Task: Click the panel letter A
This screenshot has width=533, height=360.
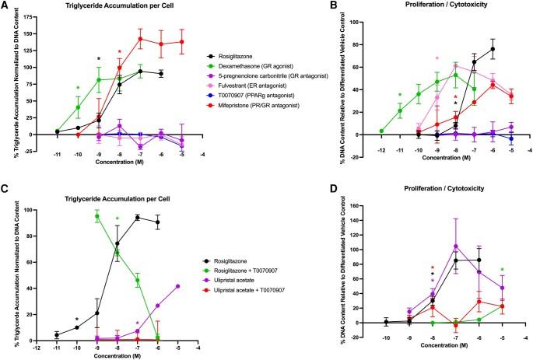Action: click(x=6, y=7)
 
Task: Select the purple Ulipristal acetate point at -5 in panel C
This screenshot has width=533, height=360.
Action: click(x=178, y=286)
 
